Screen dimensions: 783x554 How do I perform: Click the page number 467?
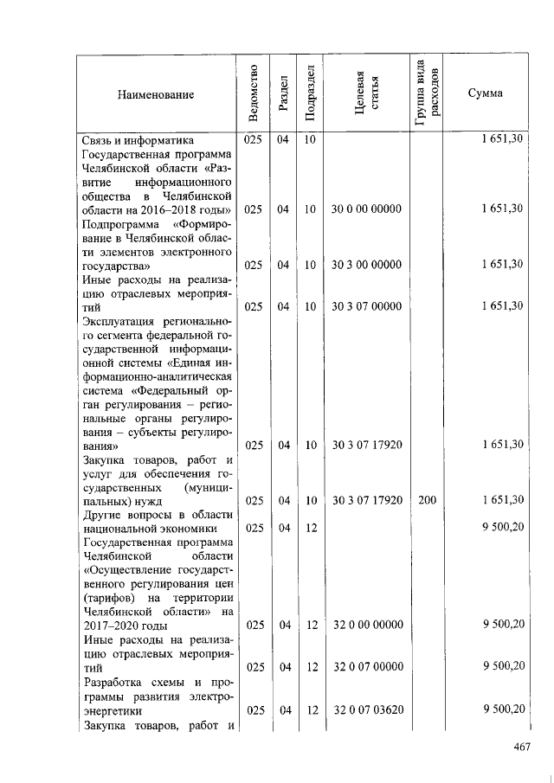click(519, 746)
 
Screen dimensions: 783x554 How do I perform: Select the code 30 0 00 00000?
click(367, 209)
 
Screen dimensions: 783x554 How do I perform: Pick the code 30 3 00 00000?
click(367, 265)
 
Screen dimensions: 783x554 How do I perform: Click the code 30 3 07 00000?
click(367, 306)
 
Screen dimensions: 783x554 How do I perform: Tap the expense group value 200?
click(427, 500)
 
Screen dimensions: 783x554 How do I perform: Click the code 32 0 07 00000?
click(367, 667)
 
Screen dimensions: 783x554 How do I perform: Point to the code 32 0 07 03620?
click(367, 709)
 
